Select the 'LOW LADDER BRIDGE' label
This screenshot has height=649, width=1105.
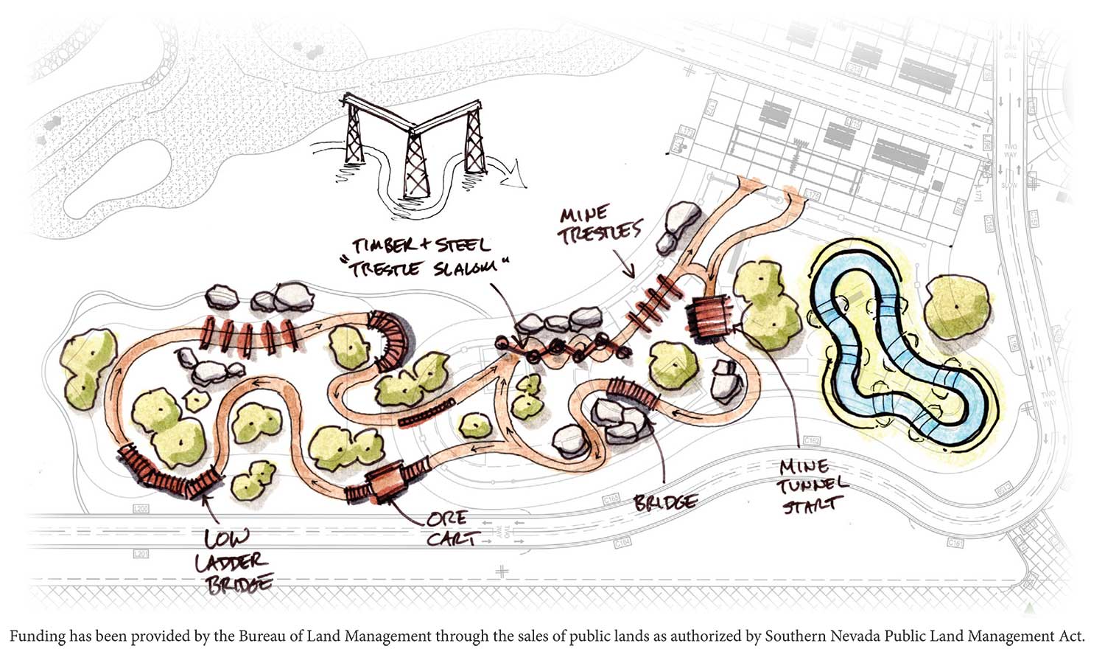230,560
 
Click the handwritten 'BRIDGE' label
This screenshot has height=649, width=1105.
664,502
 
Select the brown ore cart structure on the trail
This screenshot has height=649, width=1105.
388,482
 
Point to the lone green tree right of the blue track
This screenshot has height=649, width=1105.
956,304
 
